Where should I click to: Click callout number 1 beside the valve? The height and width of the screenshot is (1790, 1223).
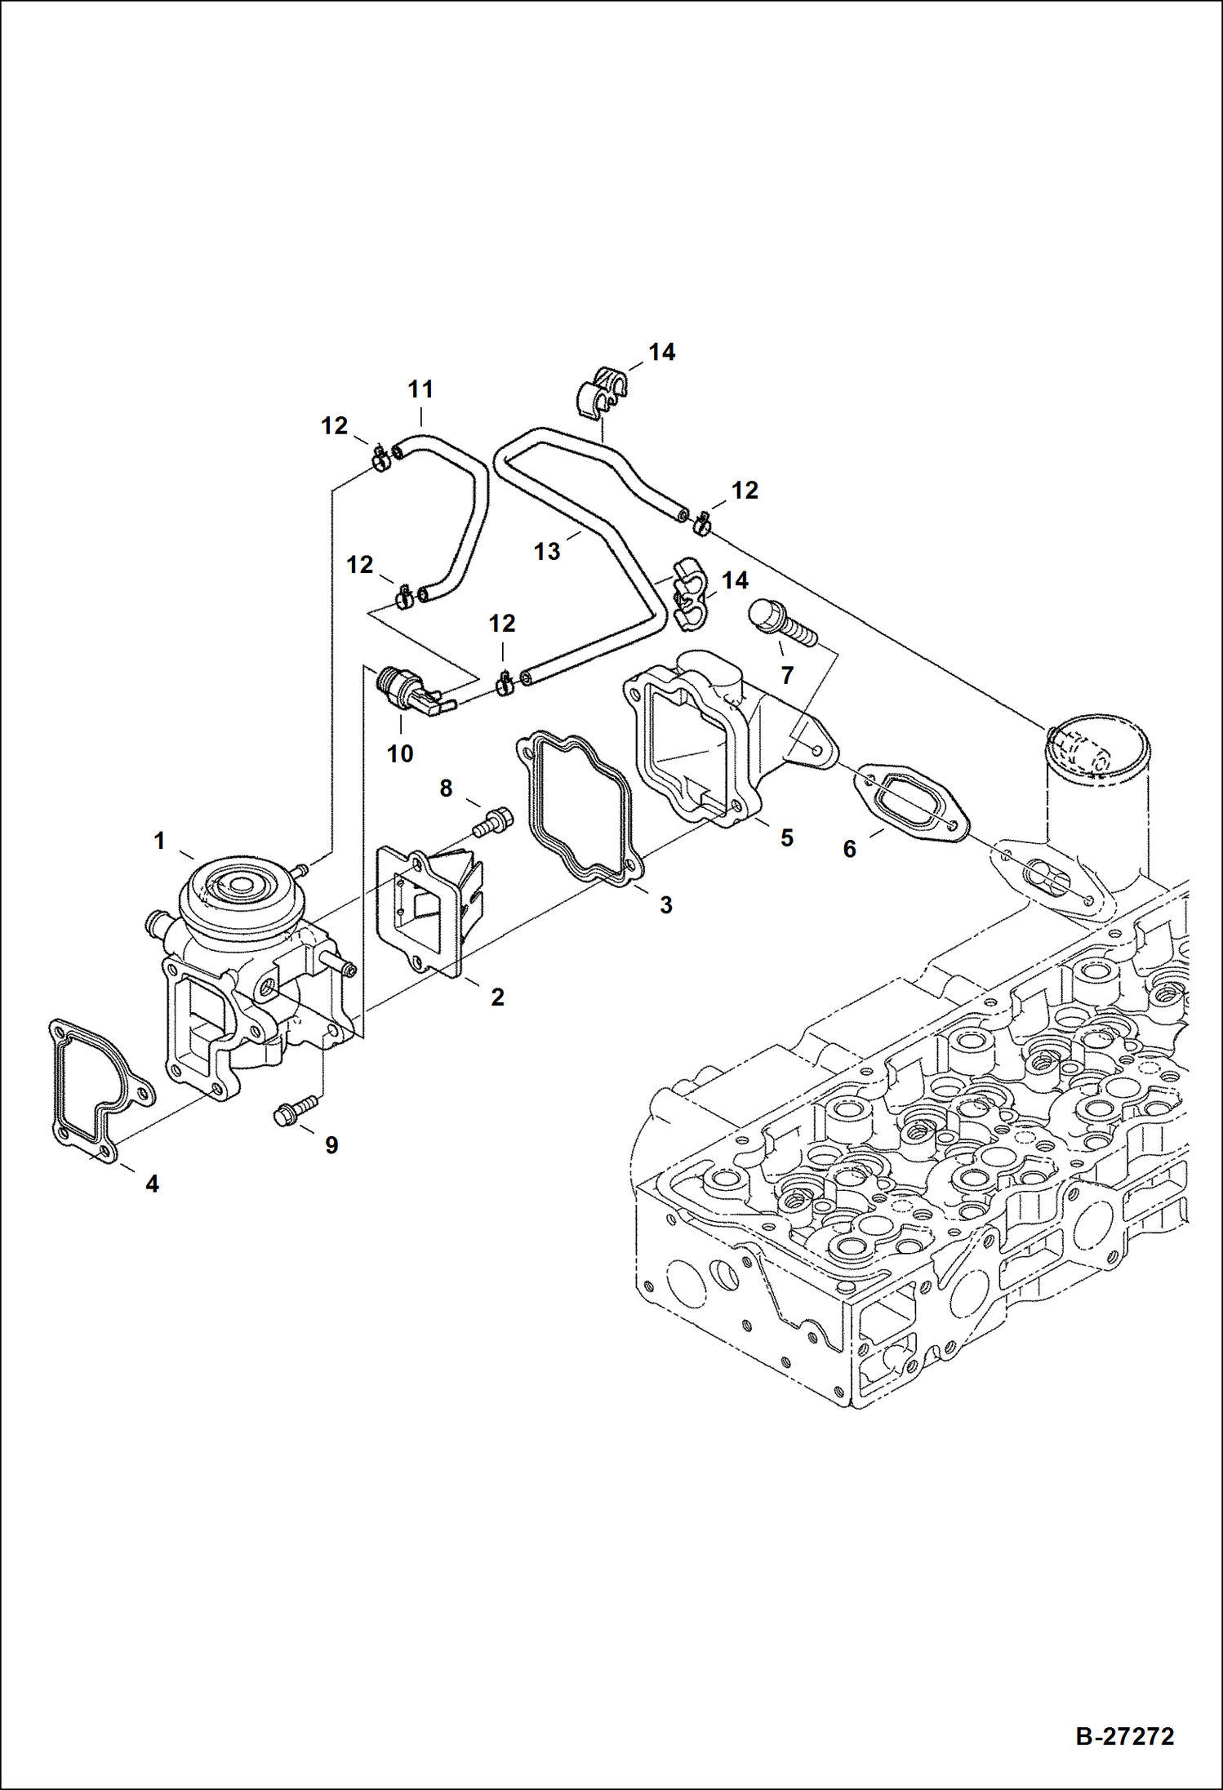(x=160, y=840)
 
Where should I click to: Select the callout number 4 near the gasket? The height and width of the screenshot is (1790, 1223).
(x=152, y=1184)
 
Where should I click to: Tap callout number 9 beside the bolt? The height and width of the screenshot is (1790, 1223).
(x=331, y=1145)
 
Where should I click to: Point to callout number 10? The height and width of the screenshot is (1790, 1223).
(x=400, y=753)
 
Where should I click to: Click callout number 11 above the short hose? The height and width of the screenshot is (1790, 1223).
(x=420, y=389)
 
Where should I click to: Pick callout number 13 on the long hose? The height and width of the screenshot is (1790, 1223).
(x=546, y=551)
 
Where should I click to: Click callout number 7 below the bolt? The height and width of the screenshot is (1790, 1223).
(x=787, y=675)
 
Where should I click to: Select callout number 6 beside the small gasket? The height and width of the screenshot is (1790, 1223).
(x=849, y=850)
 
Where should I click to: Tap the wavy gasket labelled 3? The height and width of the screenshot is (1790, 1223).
(x=577, y=808)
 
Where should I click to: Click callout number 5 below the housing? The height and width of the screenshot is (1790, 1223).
(x=786, y=838)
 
